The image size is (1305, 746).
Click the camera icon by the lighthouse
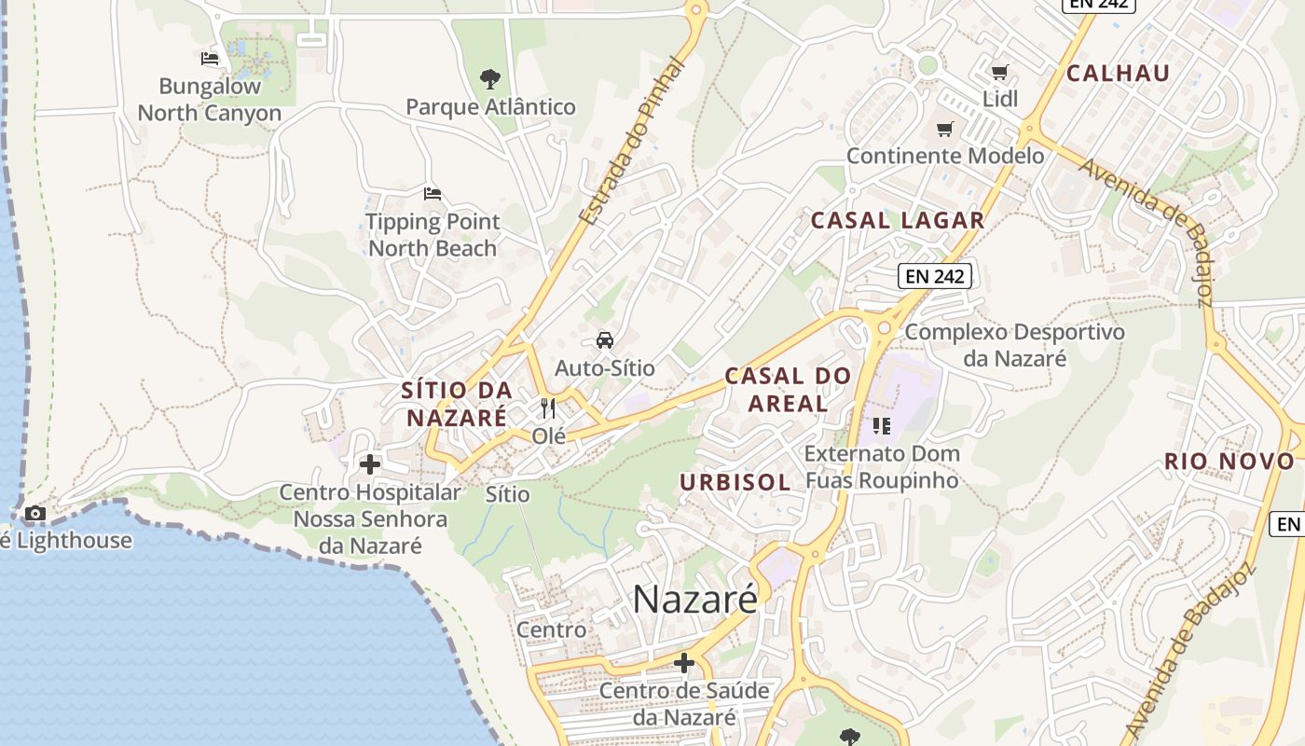click(35, 514)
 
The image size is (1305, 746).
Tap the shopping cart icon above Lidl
click(999, 73)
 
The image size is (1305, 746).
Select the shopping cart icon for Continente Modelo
click(945, 129)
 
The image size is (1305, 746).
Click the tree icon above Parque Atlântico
click(489, 78)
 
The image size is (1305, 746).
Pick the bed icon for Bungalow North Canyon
click(211, 59)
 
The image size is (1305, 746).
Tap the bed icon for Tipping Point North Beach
click(432, 194)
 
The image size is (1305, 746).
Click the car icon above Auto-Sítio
click(605, 340)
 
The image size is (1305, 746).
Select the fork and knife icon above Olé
click(548, 408)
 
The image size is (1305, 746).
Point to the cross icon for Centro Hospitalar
click(370, 464)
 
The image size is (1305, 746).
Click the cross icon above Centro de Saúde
click(684, 663)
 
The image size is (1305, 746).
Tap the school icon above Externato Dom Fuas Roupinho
click(881, 427)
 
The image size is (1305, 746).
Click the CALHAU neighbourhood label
click(1118, 74)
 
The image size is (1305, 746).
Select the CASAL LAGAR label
click(898, 221)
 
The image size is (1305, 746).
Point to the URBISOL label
click(735, 482)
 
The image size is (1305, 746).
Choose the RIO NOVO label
click(1229, 462)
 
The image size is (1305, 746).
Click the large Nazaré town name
click(695, 600)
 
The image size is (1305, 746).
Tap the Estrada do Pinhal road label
click(632, 140)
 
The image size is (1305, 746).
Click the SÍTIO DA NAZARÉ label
click(457, 404)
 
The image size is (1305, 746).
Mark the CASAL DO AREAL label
click(789, 390)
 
